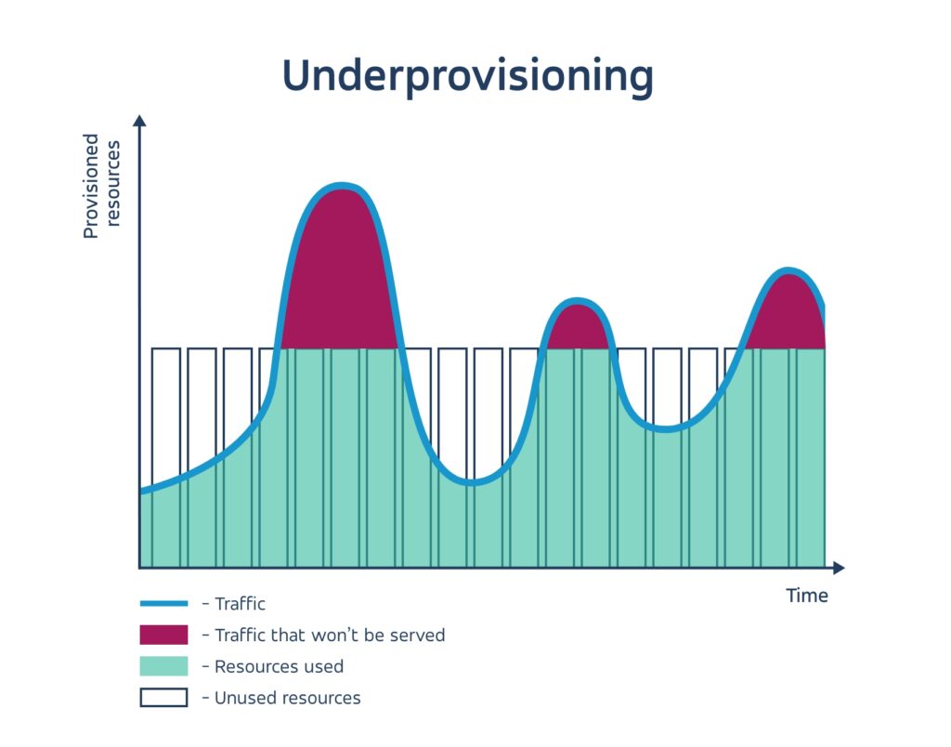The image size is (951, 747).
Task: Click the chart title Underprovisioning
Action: tap(468, 76)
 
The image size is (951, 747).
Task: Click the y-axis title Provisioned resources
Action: tap(101, 186)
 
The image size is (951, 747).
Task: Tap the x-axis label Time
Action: tap(806, 596)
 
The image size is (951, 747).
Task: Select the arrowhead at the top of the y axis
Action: tap(139, 121)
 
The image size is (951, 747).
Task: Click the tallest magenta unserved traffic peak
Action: tap(341, 269)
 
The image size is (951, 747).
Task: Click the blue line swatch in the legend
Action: tap(163, 604)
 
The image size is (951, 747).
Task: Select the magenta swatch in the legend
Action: tap(163, 636)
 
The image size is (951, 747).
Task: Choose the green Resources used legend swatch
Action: tap(163, 666)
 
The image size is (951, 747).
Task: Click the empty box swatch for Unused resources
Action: tap(163, 697)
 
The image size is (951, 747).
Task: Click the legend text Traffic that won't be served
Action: tap(329, 636)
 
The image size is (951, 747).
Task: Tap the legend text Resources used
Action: tap(279, 666)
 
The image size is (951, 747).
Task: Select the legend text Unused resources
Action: tap(287, 697)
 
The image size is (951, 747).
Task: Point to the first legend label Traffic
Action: tap(240, 604)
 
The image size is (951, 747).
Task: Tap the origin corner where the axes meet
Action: tap(139, 567)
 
